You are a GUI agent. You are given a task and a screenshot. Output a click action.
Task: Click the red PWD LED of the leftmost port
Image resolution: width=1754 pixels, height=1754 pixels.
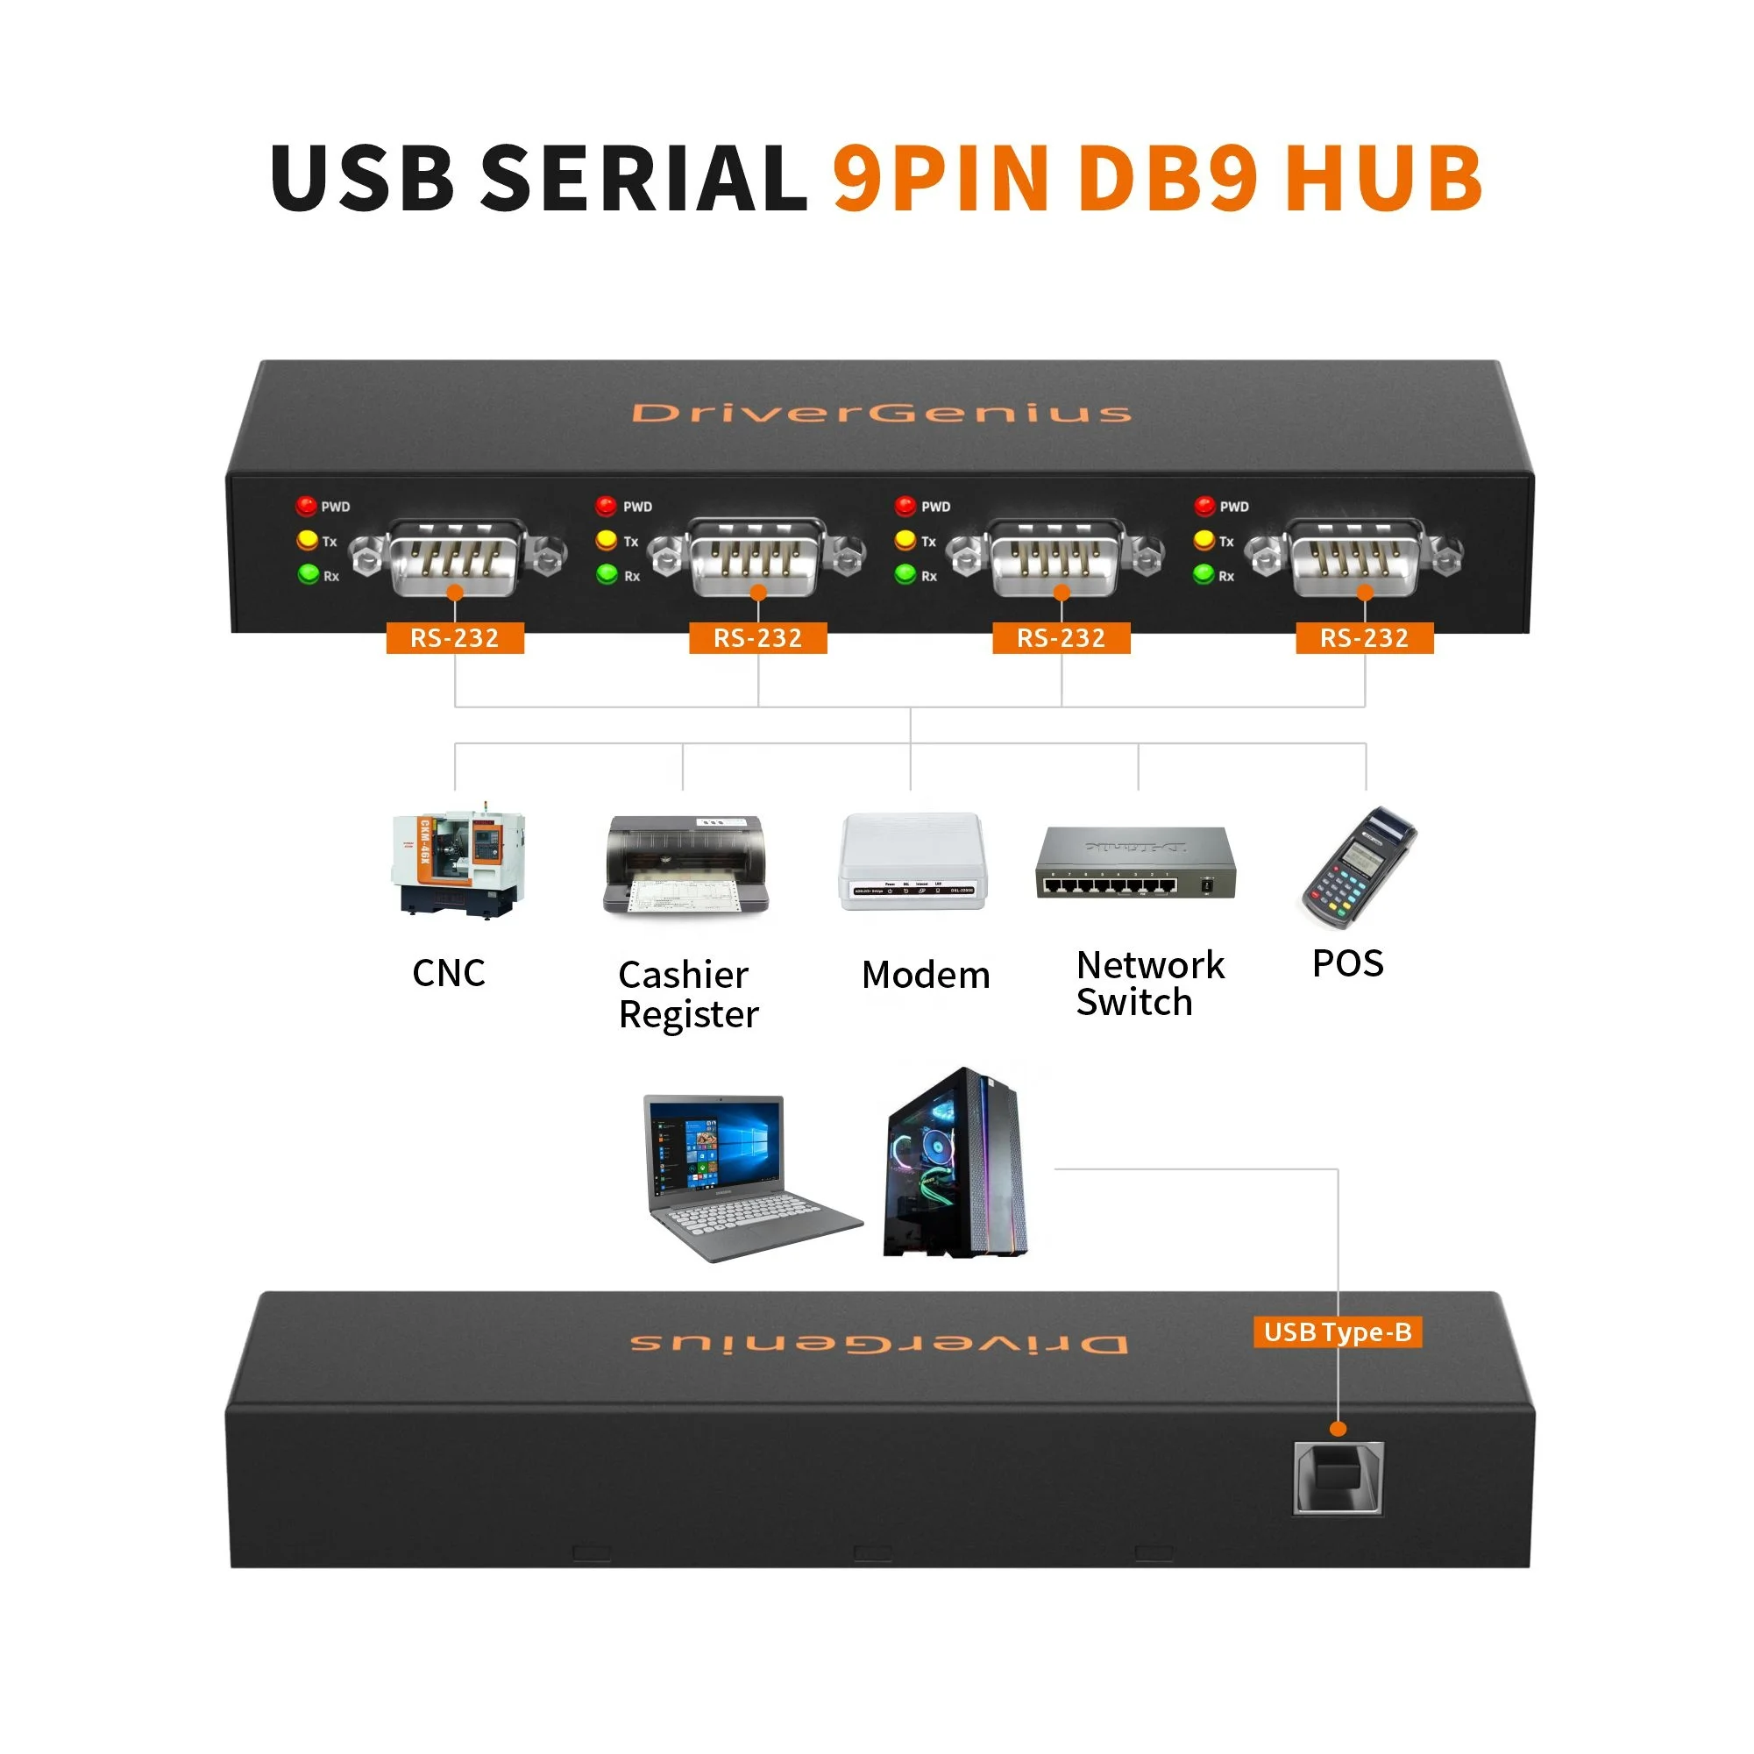coord(306,506)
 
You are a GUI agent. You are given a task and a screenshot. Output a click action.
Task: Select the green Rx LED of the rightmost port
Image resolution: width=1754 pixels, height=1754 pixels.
coord(1203,574)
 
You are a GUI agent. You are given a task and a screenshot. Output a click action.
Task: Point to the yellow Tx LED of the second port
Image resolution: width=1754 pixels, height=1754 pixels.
coord(606,540)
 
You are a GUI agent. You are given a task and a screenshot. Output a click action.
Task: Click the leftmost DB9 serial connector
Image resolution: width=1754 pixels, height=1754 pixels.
coord(456,557)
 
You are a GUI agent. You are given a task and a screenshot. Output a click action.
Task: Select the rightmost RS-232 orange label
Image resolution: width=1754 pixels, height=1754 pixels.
coord(1364,638)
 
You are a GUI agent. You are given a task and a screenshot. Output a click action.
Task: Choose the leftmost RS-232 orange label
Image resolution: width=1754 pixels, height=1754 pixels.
coord(455,638)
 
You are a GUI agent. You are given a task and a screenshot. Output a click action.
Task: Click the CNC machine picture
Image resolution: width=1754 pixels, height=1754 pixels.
coord(458,862)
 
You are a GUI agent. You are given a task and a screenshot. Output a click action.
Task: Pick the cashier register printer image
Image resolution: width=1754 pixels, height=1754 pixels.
coord(685,864)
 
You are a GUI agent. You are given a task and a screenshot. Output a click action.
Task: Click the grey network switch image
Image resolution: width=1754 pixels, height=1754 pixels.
coord(1135,863)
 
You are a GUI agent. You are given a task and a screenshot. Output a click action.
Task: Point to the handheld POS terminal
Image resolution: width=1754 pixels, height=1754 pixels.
coord(1358,867)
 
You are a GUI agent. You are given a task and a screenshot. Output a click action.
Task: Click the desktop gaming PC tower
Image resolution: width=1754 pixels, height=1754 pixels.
coord(955,1166)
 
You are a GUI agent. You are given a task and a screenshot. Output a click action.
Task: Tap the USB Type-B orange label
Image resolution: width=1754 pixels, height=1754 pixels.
coord(1337,1332)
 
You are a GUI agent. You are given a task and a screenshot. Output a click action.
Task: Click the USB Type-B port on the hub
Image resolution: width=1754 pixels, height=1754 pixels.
coord(1338,1477)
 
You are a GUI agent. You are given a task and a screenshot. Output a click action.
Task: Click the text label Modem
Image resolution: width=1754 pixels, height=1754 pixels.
coord(925,975)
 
